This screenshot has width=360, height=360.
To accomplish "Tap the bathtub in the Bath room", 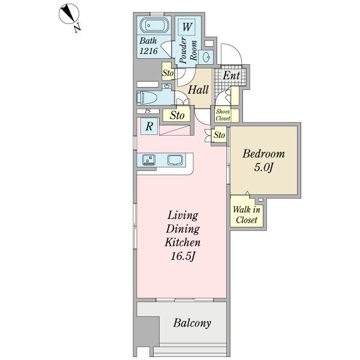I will (x=154, y=26).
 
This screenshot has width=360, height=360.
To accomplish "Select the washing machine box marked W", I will (x=187, y=28).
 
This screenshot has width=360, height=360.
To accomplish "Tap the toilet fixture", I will (x=148, y=98).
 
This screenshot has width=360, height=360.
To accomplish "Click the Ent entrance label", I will (x=231, y=76).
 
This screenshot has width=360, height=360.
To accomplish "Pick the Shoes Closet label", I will (x=223, y=115).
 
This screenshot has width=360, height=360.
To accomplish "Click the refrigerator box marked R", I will (x=148, y=127).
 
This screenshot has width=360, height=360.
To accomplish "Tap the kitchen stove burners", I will (x=149, y=160).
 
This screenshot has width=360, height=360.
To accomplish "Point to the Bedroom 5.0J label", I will (x=263, y=160).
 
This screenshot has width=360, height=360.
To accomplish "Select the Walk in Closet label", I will (x=246, y=215).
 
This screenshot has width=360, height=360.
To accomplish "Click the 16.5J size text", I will (x=183, y=256).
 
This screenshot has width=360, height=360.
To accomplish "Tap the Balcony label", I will (x=192, y=323).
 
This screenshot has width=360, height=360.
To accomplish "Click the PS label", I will (x=147, y=112).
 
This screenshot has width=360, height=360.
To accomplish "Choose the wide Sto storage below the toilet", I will (x=176, y=115).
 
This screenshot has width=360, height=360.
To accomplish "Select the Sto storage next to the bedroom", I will (x=219, y=136).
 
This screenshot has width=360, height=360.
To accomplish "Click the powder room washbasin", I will (x=207, y=58).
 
